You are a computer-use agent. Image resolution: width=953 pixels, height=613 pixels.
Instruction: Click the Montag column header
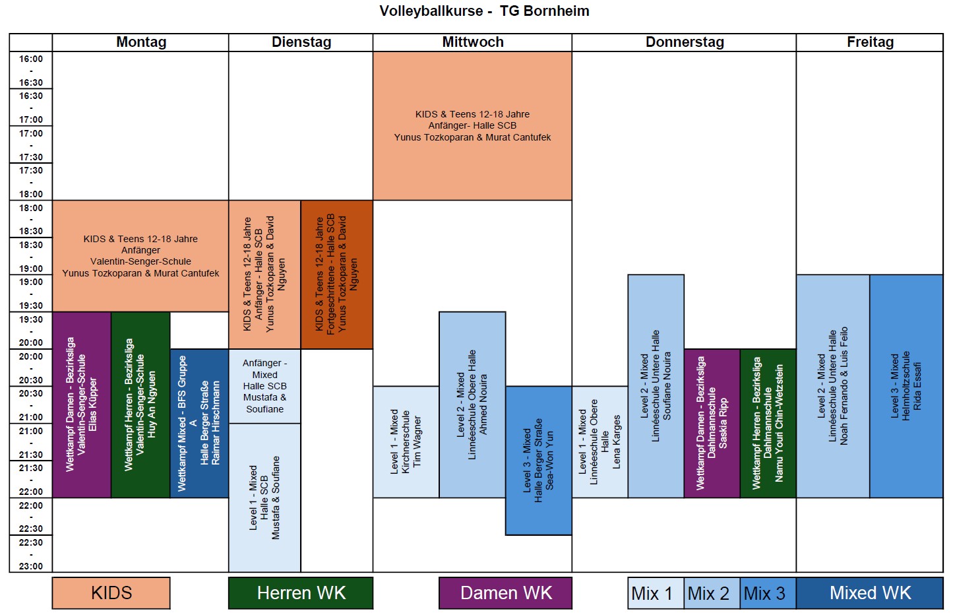click(x=140, y=42)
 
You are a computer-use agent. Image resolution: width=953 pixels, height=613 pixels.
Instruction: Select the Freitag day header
click(x=870, y=42)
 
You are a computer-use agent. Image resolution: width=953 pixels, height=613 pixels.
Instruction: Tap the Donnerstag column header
click(x=684, y=42)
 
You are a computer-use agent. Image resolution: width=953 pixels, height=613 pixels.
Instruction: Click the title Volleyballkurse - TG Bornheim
click(x=484, y=11)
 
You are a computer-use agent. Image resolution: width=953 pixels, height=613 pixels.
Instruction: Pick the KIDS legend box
click(x=111, y=593)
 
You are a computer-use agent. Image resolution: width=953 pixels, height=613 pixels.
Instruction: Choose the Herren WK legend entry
click(x=301, y=593)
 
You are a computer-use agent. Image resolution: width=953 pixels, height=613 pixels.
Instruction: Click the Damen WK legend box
click(x=506, y=593)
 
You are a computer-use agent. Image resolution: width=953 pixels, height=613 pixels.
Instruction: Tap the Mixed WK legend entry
click(x=870, y=593)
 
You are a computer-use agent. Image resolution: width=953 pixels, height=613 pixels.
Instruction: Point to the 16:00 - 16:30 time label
click(x=31, y=71)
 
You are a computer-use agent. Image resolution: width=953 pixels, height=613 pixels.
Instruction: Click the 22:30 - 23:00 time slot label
click(x=31, y=554)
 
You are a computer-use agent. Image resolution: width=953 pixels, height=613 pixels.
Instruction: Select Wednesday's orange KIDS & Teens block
click(x=472, y=126)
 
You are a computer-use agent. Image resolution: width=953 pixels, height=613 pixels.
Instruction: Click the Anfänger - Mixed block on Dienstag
click(x=264, y=386)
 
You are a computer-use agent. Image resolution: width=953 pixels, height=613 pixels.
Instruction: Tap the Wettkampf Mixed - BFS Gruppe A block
click(x=199, y=423)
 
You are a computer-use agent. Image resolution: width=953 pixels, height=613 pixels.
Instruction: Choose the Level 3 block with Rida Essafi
click(x=906, y=386)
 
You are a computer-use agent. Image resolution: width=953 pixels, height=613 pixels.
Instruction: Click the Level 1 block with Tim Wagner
click(x=406, y=441)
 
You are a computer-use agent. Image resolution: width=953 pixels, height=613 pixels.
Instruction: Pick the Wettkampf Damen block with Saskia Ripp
click(x=712, y=423)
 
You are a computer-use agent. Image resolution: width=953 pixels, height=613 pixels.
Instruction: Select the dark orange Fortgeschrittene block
click(x=337, y=274)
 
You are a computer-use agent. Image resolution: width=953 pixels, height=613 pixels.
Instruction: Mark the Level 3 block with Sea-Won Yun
click(x=538, y=460)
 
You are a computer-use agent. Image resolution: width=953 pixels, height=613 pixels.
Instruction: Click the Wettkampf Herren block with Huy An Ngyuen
click(x=140, y=404)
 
